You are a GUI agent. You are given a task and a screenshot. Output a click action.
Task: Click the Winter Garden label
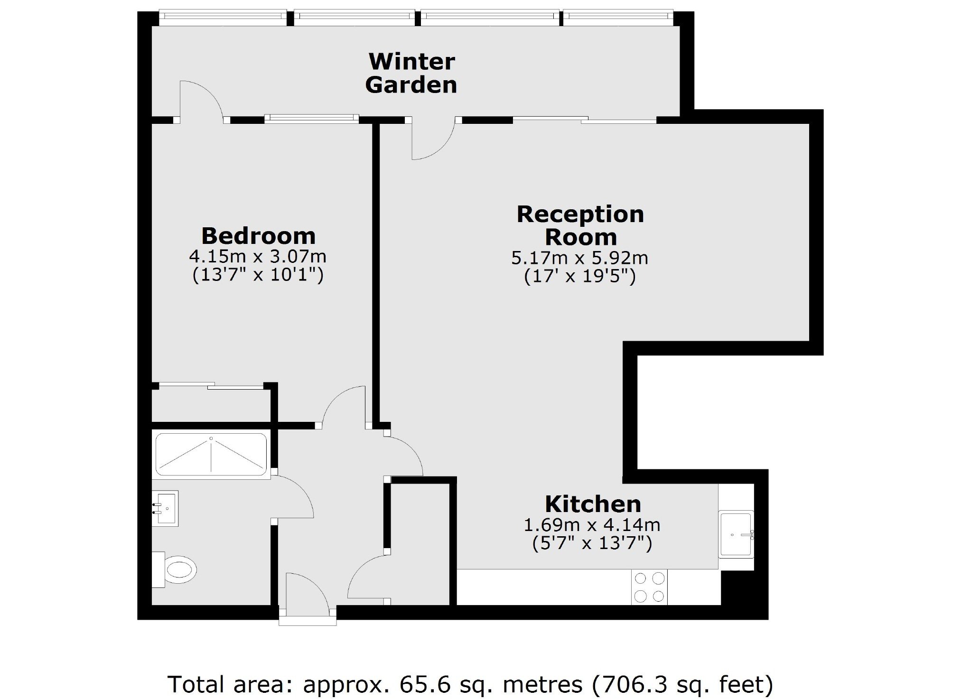(x=411, y=73)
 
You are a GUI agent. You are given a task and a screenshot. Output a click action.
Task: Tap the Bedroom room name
(x=258, y=236)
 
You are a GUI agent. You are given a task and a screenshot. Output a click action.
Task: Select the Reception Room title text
(x=580, y=225)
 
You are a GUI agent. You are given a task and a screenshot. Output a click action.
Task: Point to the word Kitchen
(x=593, y=504)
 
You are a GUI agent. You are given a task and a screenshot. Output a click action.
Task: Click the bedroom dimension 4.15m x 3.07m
(x=258, y=257)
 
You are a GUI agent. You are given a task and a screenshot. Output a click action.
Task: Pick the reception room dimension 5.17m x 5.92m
(x=579, y=258)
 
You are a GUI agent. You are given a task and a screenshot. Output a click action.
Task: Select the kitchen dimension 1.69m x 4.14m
(x=592, y=525)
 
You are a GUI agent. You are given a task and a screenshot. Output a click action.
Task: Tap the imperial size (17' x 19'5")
(x=579, y=276)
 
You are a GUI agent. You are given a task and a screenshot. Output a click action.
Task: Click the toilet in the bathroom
(x=174, y=569)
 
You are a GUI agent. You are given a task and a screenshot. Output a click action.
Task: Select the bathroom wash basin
(x=165, y=508)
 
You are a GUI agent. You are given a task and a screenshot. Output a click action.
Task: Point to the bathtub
(x=212, y=455)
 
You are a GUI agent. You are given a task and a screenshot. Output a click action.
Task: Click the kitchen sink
(x=736, y=533)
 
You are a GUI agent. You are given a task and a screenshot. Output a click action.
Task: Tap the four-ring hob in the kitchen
(x=649, y=587)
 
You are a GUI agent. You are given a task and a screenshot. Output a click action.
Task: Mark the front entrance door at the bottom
(x=308, y=596)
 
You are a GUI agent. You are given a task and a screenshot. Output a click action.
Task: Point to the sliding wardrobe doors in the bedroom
(x=211, y=385)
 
